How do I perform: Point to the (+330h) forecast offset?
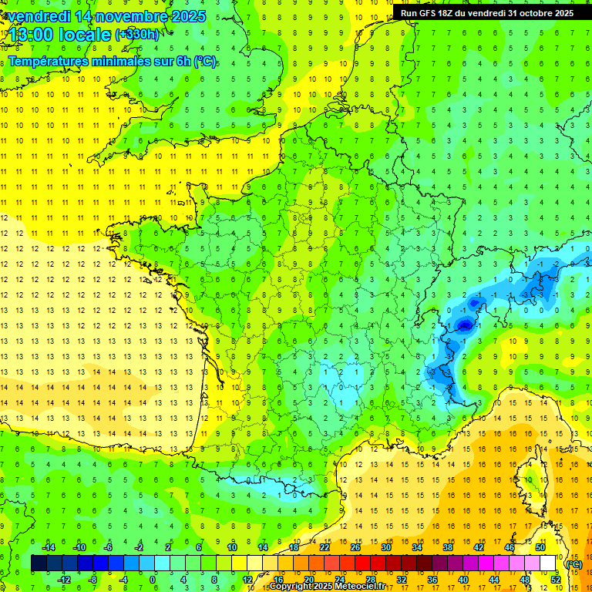(138, 35)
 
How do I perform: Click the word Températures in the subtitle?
(50, 62)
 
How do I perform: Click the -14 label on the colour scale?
(48, 547)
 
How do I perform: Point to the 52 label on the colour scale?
(555, 579)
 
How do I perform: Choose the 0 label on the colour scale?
(152, 579)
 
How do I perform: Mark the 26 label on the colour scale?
(355, 547)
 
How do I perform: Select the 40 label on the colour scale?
(462, 579)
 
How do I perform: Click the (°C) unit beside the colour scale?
(573, 563)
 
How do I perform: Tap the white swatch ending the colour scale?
(547, 563)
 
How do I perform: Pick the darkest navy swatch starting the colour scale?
(39, 563)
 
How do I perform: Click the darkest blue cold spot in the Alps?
(464, 325)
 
